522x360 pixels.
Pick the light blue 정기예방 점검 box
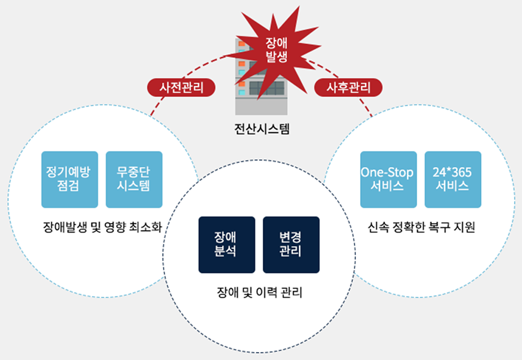coord(69,180)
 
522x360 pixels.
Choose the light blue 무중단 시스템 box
coord(134,180)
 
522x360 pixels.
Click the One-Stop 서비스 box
coord(388,180)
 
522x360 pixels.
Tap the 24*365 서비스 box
coord(453,180)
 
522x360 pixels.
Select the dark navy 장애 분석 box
coord(227,245)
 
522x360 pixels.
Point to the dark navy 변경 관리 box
coord(291,245)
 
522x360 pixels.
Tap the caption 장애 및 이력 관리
coord(259,293)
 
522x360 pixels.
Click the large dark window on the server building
coord(267,88)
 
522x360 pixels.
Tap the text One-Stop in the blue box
coord(388,173)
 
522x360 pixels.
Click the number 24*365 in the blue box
coord(453,173)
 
